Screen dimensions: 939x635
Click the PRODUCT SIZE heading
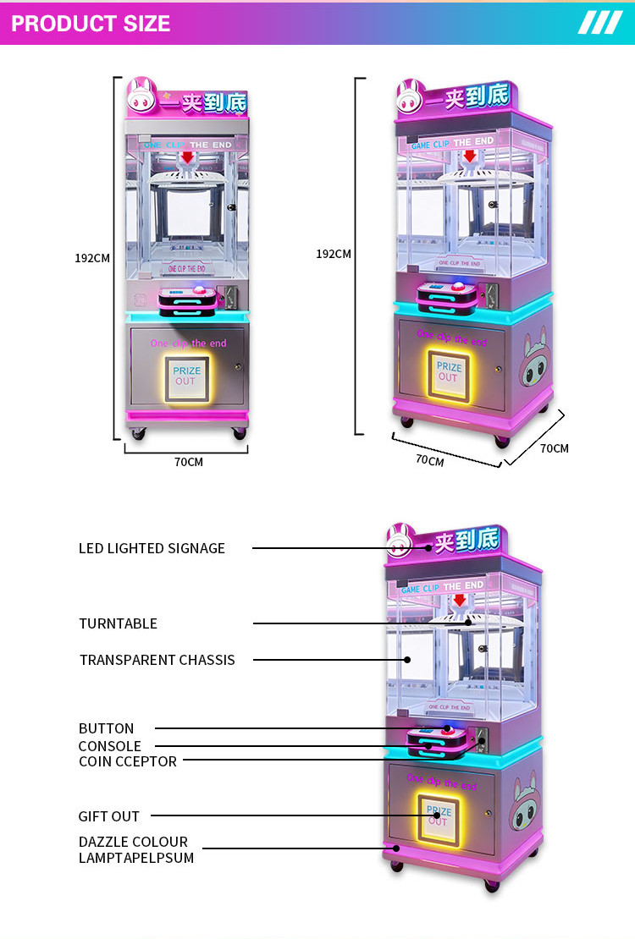(x=91, y=23)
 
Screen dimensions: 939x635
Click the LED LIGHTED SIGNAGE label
(x=152, y=548)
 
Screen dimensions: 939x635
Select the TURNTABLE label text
(x=118, y=623)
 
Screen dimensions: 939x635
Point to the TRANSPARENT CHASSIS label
(x=157, y=660)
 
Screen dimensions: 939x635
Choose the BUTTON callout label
(x=106, y=728)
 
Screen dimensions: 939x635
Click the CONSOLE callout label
(x=109, y=746)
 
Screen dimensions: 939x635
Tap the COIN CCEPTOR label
(x=127, y=761)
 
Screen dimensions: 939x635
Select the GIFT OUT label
(x=108, y=816)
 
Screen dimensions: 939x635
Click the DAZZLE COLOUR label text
(x=133, y=842)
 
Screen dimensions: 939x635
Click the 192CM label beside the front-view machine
(x=92, y=258)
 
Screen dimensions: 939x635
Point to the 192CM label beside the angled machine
(x=334, y=253)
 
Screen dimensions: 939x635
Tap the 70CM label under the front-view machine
(x=188, y=462)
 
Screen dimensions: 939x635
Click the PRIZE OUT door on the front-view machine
(x=186, y=376)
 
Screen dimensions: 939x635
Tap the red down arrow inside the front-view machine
(x=186, y=157)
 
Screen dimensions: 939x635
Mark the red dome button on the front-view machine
(x=201, y=290)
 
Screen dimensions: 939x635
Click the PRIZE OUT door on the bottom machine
(x=438, y=817)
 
